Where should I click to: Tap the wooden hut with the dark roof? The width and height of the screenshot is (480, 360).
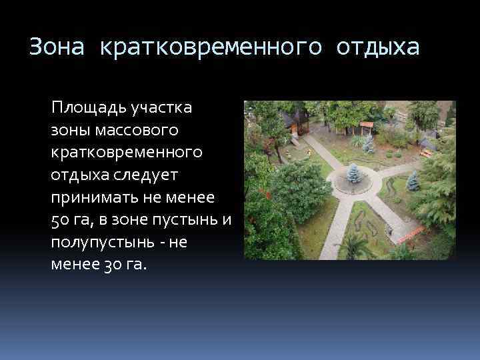(x=293, y=122)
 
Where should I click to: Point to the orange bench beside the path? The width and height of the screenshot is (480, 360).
(x=406, y=233)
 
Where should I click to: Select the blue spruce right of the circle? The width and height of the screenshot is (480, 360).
(x=413, y=181)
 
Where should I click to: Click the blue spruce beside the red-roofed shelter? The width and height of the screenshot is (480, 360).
(x=368, y=143)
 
